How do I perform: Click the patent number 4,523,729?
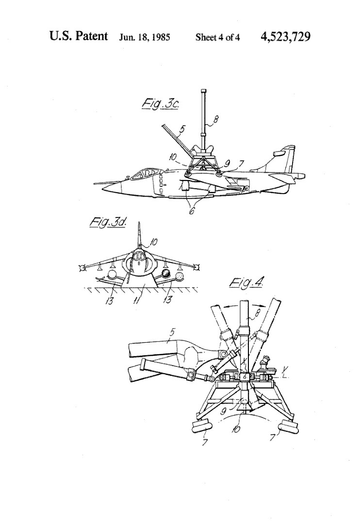[285, 36]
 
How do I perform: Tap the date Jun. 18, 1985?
[145, 37]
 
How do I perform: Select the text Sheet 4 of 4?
[218, 37]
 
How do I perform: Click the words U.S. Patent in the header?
[79, 36]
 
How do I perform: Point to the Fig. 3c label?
[160, 104]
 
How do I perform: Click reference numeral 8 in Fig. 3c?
[216, 119]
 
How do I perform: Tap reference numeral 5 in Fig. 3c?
[182, 129]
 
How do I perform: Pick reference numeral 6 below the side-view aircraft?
[192, 212]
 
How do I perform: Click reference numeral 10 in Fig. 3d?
[153, 242]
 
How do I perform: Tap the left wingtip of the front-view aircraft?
[82, 268]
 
